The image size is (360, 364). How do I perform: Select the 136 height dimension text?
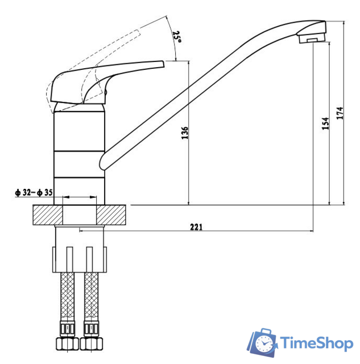click(x=184, y=133)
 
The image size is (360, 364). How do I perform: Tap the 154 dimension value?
click(x=325, y=125)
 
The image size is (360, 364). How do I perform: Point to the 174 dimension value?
click(x=340, y=113)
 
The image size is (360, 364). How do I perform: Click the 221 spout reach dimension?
click(x=196, y=227)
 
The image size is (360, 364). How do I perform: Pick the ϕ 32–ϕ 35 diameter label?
click(x=34, y=193)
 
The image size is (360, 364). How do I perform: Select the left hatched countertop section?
click(x=48, y=215)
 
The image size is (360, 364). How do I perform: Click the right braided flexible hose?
click(x=89, y=296)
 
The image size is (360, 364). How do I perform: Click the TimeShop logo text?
click(x=315, y=342)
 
